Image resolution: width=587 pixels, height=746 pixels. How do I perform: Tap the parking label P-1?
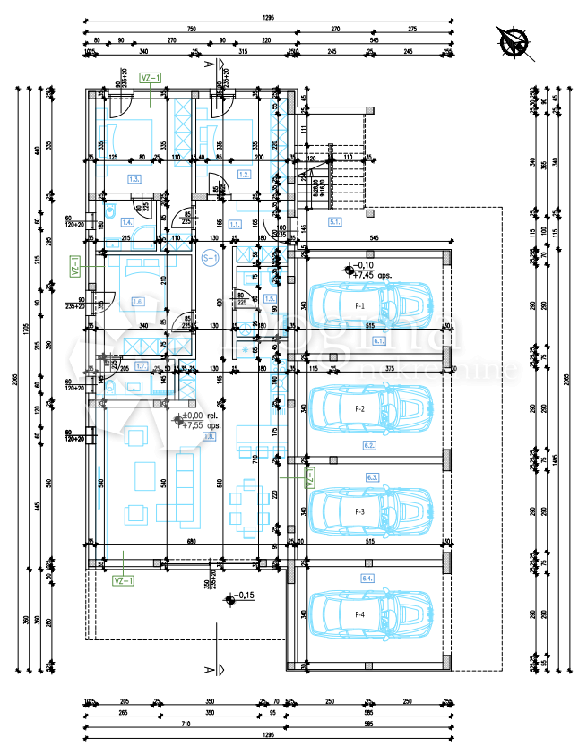[360, 305]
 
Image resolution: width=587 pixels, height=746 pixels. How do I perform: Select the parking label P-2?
[360, 408]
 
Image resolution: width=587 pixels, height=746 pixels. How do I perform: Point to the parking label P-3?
[360, 510]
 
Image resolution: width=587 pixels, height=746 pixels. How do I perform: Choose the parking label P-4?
[360, 613]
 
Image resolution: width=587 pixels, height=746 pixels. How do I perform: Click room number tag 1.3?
[135, 179]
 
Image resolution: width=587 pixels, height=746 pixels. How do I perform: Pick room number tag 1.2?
[243, 174]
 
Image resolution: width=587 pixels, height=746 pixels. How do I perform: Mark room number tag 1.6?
[138, 301]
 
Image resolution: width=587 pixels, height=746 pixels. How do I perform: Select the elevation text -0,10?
[363, 266]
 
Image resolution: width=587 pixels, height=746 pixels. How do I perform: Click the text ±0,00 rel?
[198, 416]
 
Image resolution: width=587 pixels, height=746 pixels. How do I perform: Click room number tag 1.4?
[128, 222]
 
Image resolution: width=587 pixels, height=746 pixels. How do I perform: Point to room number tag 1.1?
[234, 223]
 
